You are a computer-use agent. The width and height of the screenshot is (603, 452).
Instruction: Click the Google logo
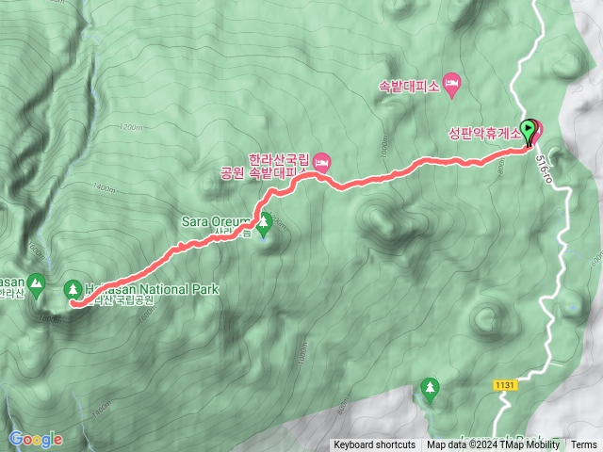tap(36, 439)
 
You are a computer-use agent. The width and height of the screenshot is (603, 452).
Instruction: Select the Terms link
tap(583, 445)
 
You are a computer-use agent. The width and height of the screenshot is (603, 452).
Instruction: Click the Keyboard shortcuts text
tap(374, 445)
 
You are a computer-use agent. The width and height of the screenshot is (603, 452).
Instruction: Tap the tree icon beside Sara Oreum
tap(265, 223)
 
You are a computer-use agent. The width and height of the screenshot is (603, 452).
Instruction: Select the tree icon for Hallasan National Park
tap(74, 288)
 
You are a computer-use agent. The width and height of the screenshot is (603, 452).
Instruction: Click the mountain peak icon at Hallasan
tap(36, 282)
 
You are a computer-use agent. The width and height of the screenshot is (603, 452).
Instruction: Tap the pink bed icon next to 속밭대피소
tap(451, 87)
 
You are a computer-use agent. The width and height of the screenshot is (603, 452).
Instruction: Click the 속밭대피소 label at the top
tap(408, 87)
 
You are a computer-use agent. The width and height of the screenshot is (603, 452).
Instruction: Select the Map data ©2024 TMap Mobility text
tap(495, 445)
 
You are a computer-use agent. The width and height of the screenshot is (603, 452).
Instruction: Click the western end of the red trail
tap(73, 302)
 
